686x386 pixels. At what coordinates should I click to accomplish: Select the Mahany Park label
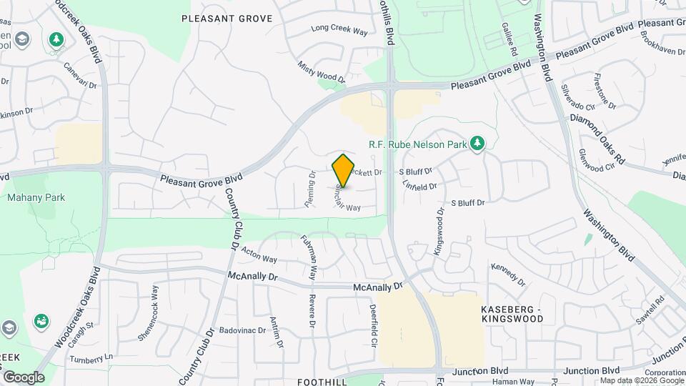[x=36, y=197]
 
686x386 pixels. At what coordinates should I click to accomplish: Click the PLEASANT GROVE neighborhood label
[x=227, y=19]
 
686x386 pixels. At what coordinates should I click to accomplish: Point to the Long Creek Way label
[x=339, y=31]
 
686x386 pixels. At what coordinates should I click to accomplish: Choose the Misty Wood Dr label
[x=322, y=70]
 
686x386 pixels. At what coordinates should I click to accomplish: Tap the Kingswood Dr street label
[x=438, y=223]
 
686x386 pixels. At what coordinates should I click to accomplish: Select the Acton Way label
[x=259, y=254]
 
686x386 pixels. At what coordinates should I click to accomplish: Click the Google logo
[x=24, y=377]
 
